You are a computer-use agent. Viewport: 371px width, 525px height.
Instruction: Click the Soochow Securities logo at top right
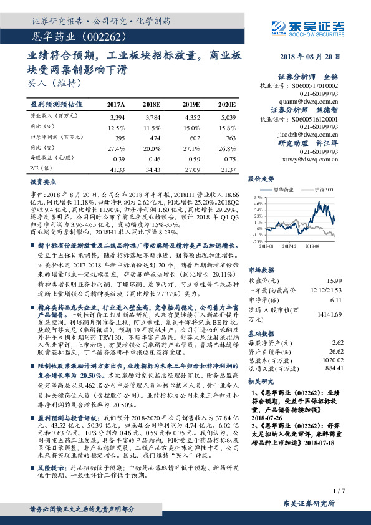coord(305,27)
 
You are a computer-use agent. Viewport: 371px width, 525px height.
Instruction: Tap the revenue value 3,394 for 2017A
coord(117,117)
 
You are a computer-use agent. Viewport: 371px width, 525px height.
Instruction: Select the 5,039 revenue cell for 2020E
coord(225,117)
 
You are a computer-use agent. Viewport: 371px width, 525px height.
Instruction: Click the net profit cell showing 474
coord(153,137)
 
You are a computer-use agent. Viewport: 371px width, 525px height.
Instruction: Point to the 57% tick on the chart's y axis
coord(256,196)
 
